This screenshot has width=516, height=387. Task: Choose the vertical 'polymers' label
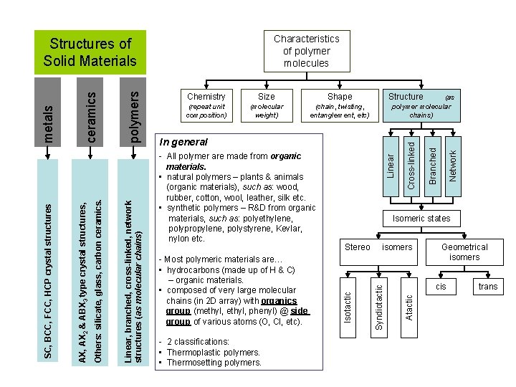point(135,113)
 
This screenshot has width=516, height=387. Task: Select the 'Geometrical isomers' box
point(464,252)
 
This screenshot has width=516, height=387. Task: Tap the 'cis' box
point(441,287)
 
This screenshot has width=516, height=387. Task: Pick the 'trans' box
point(488,287)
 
